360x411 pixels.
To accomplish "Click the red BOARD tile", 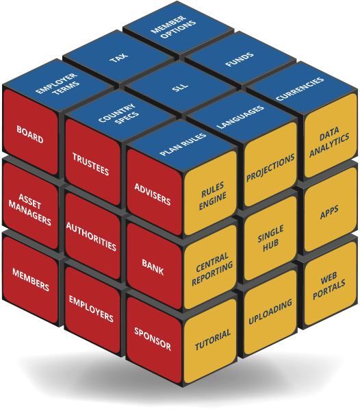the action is [30, 132].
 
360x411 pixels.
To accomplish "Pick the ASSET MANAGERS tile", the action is [30, 206].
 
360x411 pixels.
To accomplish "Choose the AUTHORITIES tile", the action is [93, 236].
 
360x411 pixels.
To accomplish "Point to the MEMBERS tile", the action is [30, 279].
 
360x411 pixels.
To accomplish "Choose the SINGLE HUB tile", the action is [270, 238].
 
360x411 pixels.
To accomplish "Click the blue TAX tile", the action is [118, 57].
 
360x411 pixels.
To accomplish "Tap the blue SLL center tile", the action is [180, 87].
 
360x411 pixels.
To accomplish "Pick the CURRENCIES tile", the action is [300, 88].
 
